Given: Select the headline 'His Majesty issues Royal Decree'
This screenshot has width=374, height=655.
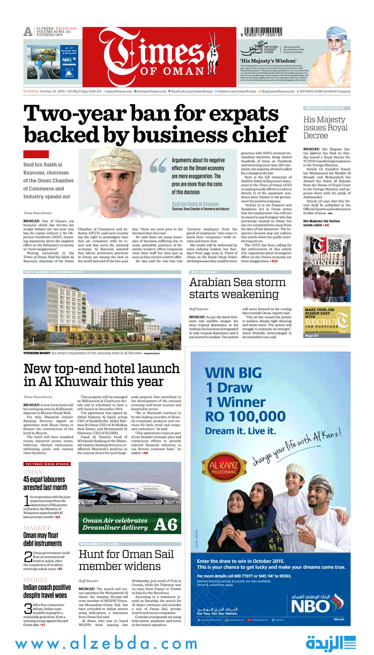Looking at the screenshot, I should pos(325,127).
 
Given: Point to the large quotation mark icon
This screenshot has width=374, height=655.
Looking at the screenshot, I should pos(158,166).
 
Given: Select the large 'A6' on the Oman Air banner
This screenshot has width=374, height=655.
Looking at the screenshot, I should pos(166,524).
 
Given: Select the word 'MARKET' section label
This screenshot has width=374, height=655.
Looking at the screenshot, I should pos(37,528).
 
